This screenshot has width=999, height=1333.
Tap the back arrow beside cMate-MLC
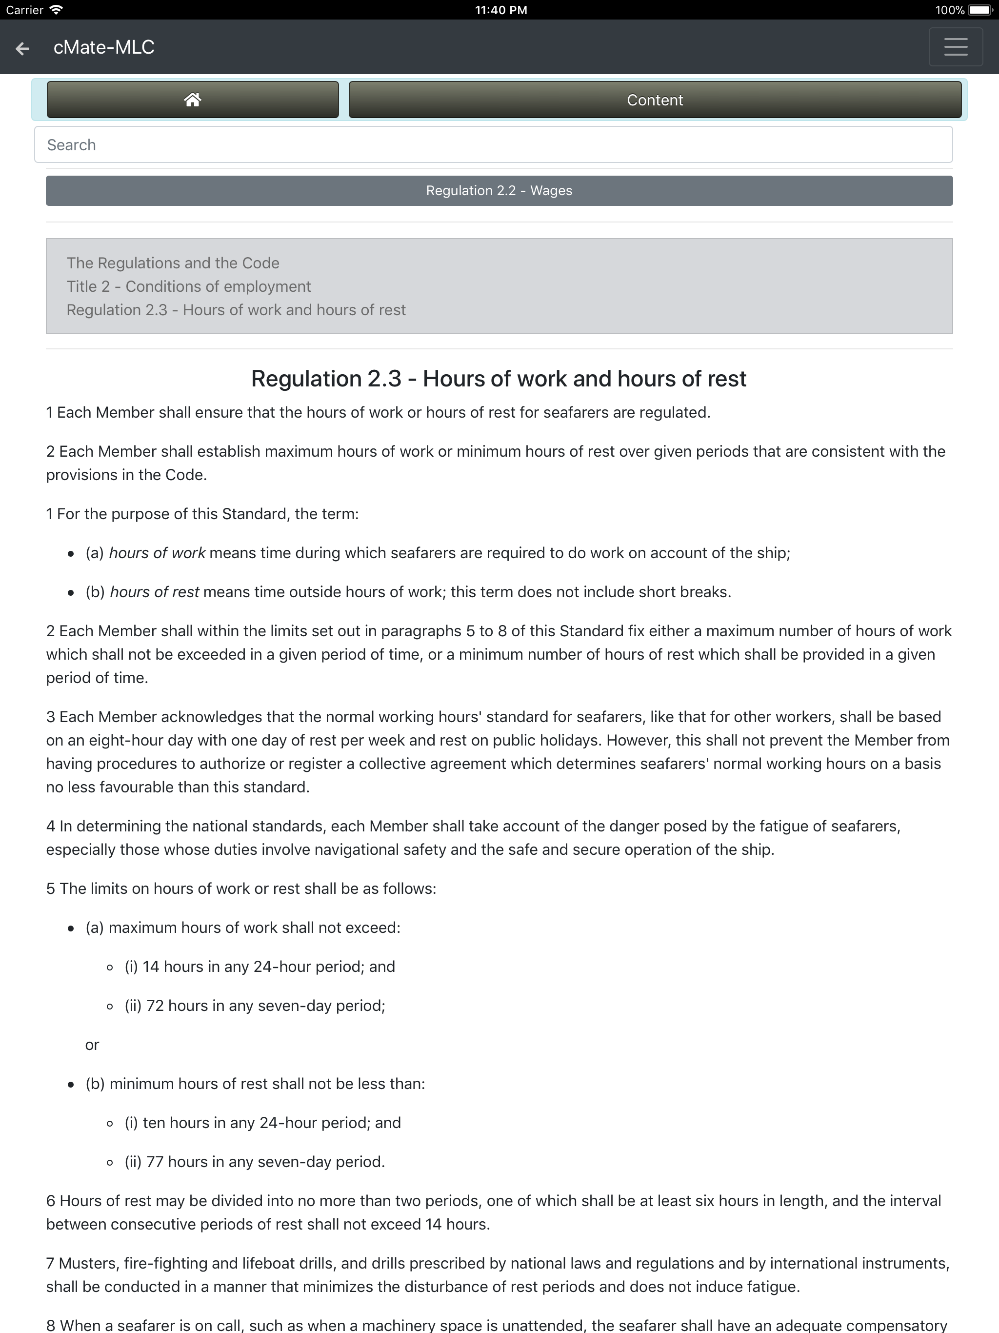click(x=22, y=48)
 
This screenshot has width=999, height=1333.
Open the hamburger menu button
click(x=955, y=47)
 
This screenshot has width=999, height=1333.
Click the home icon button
click(x=192, y=100)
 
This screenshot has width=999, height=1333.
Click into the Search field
click(x=493, y=144)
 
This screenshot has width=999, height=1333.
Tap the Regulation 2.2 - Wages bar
click(x=499, y=190)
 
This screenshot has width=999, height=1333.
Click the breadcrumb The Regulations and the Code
click(x=173, y=263)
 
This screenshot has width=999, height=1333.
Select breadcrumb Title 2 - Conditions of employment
click(x=189, y=286)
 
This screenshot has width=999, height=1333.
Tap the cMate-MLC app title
click(x=103, y=47)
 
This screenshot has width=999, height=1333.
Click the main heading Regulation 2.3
click(x=499, y=379)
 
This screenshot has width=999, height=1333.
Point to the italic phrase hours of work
click(x=157, y=553)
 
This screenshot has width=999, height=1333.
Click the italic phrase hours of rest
click(x=154, y=592)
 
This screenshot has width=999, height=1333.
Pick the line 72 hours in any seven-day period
click(x=255, y=1006)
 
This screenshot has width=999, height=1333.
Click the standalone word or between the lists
click(x=92, y=1045)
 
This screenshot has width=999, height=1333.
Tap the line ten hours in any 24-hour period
click(x=263, y=1123)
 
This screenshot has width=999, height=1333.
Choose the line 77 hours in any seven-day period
click(x=255, y=1162)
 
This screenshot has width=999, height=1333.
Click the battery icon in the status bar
click(x=979, y=10)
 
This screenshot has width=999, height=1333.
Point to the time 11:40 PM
click(x=500, y=10)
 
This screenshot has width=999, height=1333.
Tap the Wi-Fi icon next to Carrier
click(x=56, y=10)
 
